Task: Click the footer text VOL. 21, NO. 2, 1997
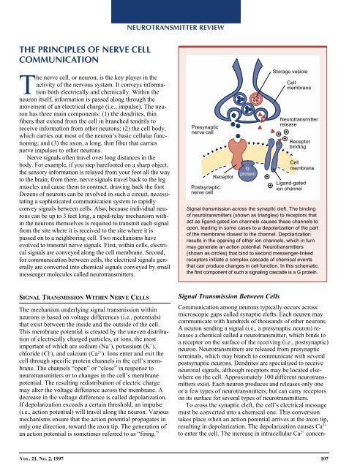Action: click(x=49, y=458)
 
